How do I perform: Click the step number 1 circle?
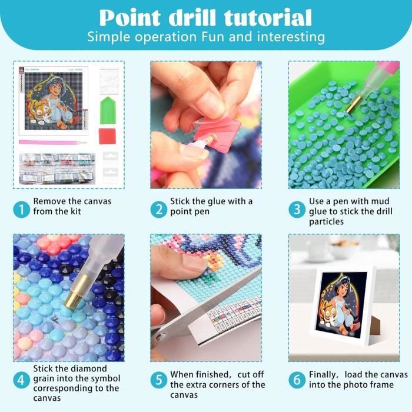[x=22, y=209]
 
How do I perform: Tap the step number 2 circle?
[x=158, y=209]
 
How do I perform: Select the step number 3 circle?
[x=297, y=209]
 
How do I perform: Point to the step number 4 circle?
[x=22, y=380]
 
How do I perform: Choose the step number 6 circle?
[x=297, y=380]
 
